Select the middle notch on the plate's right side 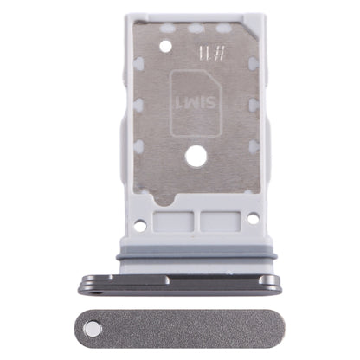tap(257, 108)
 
